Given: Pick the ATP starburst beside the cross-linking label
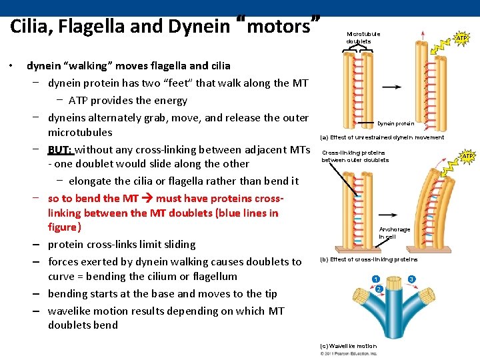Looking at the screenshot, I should (467, 156).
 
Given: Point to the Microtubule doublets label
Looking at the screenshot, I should (363, 37).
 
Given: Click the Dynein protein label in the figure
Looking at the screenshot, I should (395, 123).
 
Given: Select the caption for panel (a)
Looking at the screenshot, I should (382, 137).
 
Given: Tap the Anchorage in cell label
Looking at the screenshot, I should (395, 233).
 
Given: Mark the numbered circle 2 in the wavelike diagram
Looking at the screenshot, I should (378, 289).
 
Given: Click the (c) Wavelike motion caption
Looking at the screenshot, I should (348, 346).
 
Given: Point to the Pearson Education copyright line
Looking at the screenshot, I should (349, 353).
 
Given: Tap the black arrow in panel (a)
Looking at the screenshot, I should (391, 87).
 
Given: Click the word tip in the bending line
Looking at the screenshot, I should (269, 293).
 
